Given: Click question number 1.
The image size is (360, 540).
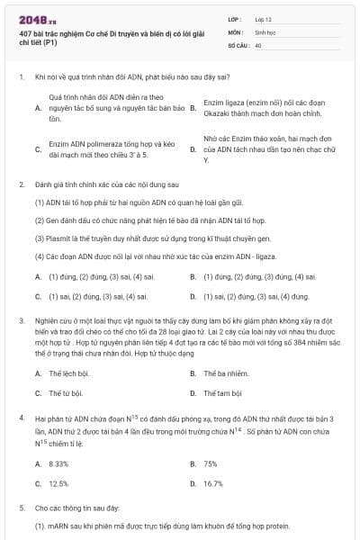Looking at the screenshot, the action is pos(21,78).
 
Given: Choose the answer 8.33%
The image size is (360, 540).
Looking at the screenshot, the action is pos(58,463).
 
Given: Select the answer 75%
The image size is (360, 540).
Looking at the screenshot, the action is pos(211,463).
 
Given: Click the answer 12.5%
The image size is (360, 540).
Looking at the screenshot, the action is pos(58,483).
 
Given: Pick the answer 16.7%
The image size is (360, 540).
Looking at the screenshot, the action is pos(213,483).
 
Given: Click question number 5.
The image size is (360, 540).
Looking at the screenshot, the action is pos(21,508).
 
